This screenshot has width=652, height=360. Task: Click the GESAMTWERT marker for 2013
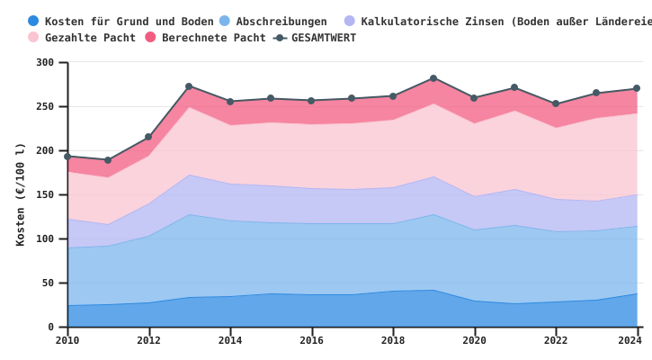(x=189, y=86)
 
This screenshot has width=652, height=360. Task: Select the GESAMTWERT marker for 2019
(x=433, y=78)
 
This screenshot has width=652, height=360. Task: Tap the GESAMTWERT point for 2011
(x=108, y=160)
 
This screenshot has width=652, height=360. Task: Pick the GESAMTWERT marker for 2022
(x=556, y=103)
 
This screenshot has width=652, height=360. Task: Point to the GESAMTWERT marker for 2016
(x=311, y=101)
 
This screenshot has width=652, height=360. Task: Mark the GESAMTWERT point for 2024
(x=637, y=88)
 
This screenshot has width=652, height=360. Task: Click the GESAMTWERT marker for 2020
(x=474, y=98)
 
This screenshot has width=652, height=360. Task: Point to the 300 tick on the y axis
(x=45, y=63)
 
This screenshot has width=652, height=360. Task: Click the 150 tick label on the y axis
(x=45, y=195)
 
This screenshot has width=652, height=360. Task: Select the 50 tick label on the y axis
(x=48, y=283)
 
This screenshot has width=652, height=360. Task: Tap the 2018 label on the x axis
(x=392, y=340)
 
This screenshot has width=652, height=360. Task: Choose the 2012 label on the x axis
(x=148, y=340)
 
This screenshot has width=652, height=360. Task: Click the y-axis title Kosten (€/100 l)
(x=21, y=194)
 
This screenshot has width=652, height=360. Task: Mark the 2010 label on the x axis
(x=67, y=340)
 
